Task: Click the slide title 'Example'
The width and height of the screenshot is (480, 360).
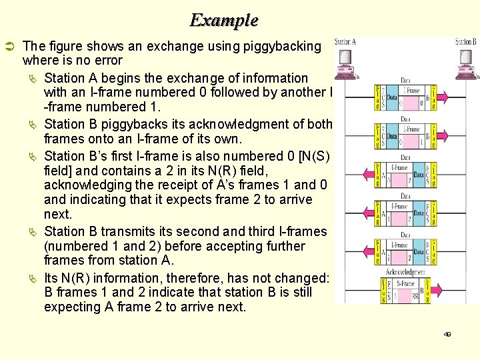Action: [223, 20]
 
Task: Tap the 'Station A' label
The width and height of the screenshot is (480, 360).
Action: [345, 42]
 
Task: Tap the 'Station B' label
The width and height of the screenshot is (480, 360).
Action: [465, 42]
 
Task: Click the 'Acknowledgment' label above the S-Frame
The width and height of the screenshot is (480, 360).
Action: [406, 272]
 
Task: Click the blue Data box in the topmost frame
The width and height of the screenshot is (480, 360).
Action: [392, 97]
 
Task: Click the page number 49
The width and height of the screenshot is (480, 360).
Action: [447, 334]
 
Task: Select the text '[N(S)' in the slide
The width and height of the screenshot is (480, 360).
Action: [312, 156]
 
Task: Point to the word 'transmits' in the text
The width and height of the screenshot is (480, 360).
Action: [129, 231]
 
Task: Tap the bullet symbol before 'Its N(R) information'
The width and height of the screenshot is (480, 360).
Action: [33, 278]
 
